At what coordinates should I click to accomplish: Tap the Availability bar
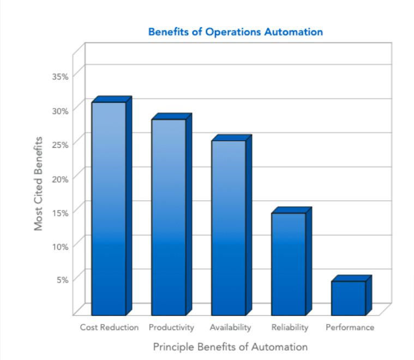click(x=229, y=227)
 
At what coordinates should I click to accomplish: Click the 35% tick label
click(x=60, y=76)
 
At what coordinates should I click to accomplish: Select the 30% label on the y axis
click(x=60, y=110)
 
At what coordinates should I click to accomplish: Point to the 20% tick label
click(x=60, y=178)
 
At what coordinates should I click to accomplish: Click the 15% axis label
click(x=60, y=212)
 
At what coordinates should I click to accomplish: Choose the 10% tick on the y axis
click(x=60, y=246)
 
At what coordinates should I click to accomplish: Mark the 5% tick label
click(x=62, y=280)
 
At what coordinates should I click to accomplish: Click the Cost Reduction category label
click(x=109, y=328)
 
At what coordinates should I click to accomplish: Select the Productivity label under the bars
click(x=171, y=328)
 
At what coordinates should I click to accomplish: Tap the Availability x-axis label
click(x=230, y=328)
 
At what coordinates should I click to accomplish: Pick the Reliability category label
click(x=290, y=328)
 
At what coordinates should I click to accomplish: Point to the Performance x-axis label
click(x=350, y=328)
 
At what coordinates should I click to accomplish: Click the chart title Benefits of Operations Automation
click(x=236, y=32)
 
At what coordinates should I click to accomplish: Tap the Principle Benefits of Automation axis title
click(x=230, y=347)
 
